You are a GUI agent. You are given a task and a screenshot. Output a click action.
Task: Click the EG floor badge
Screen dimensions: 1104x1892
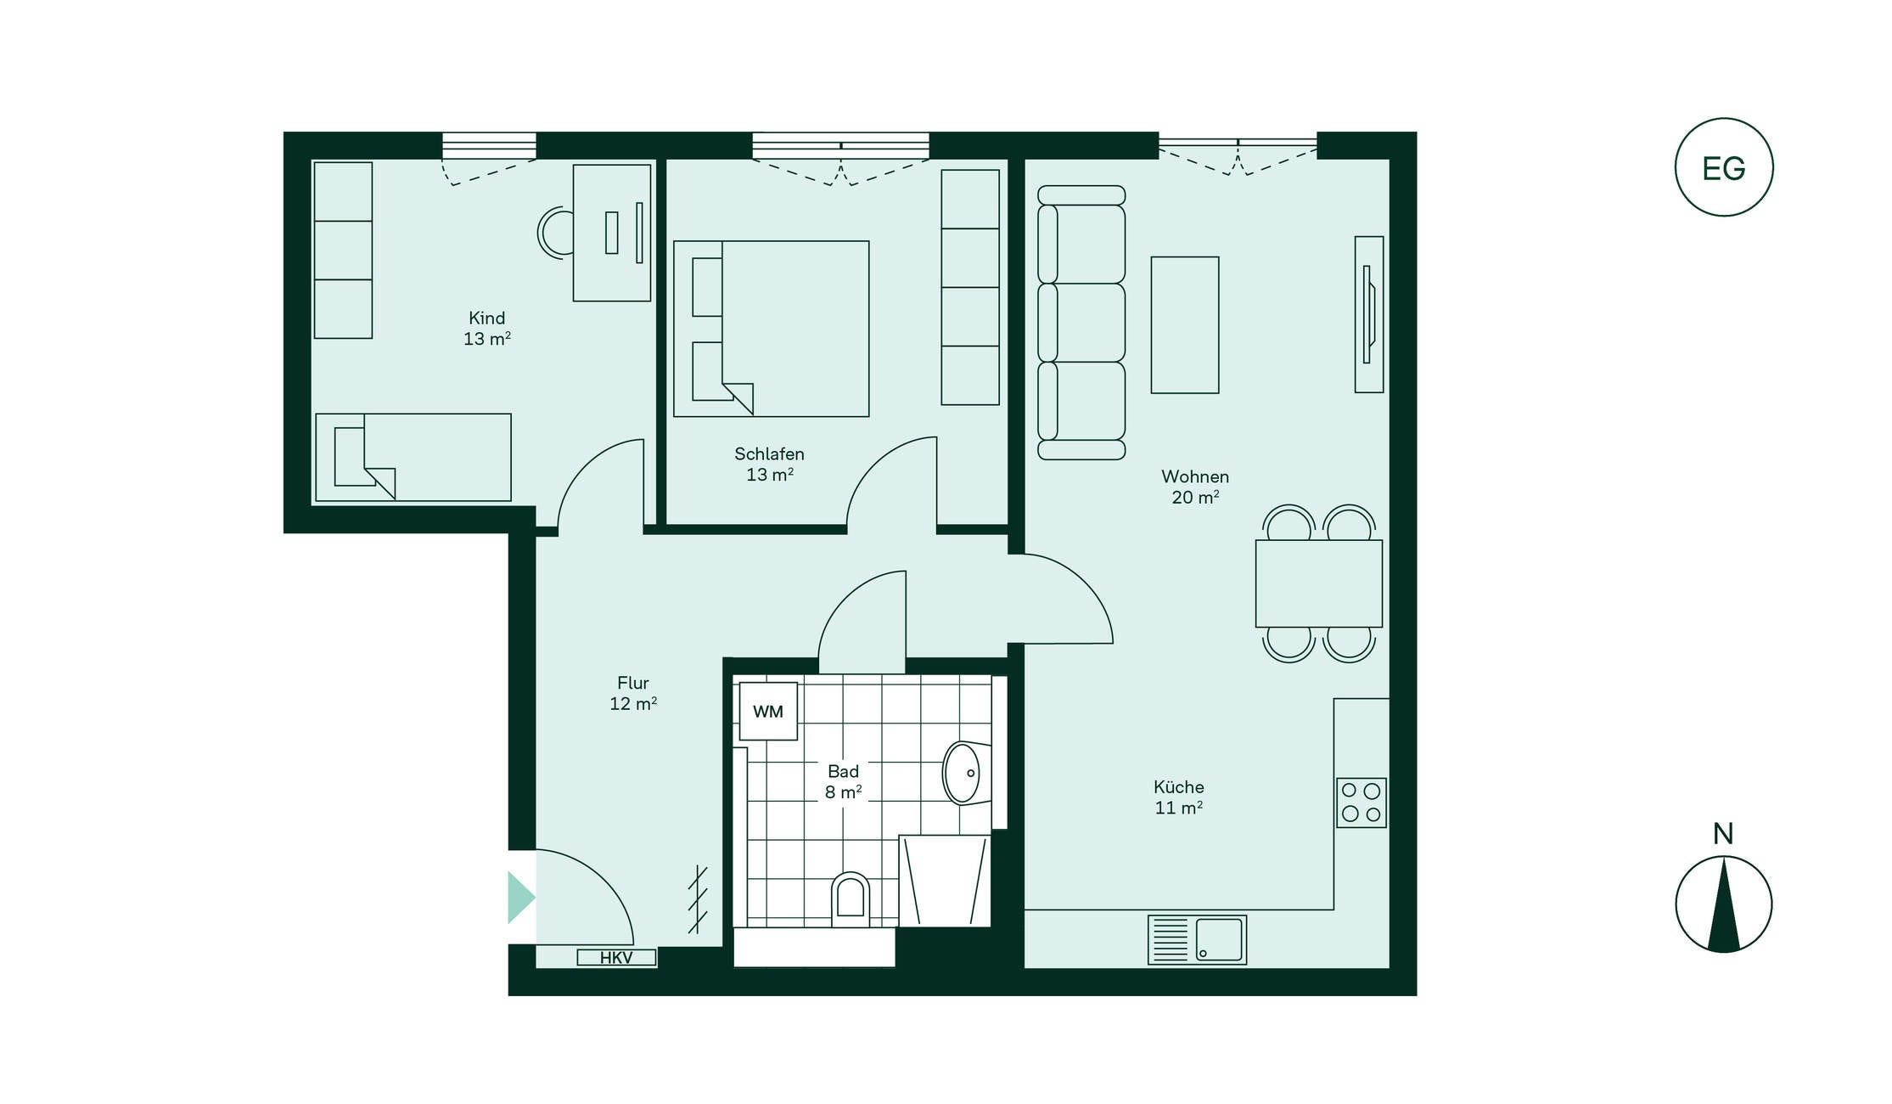[x=1723, y=167]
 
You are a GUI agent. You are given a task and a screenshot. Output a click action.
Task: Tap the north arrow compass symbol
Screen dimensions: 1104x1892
[x=1723, y=904]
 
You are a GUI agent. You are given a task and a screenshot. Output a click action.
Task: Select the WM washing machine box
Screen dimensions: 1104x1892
[x=768, y=712]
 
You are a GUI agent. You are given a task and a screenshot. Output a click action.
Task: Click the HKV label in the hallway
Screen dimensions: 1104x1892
[x=616, y=958]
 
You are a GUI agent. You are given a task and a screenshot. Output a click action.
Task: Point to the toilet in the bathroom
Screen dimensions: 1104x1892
[x=851, y=898]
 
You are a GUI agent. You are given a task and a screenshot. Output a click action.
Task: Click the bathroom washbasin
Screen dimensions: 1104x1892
[x=963, y=773]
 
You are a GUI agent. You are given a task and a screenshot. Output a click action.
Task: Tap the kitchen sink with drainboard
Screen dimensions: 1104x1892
[x=1197, y=939]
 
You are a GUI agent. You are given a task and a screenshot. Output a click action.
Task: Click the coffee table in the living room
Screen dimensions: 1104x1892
[x=1184, y=325]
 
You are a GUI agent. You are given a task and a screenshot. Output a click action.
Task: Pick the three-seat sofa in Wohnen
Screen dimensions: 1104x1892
[x=1081, y=323]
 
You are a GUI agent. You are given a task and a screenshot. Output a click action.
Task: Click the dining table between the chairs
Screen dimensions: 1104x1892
[x=1318, y=583]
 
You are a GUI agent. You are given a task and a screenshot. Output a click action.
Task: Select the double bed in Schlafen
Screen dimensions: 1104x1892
[x=771, y=329]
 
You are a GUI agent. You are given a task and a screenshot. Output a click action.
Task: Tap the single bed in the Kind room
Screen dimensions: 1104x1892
[x=413, y=458]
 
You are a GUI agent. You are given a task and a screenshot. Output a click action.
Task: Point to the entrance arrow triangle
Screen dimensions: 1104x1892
[x=520, y=897]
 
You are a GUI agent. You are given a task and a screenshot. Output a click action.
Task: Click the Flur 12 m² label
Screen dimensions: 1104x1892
[x=633, y=693]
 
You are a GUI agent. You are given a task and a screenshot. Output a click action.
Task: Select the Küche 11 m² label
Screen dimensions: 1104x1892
[x=1178, y=797]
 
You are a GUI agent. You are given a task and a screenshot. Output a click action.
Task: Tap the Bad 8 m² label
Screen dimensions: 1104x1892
[x=843, y=781]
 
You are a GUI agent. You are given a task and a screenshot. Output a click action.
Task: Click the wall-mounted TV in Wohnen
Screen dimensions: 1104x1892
[x=1368, y=314]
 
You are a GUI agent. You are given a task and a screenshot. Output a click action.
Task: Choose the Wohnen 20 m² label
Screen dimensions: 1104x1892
[x=1195, y=487]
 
